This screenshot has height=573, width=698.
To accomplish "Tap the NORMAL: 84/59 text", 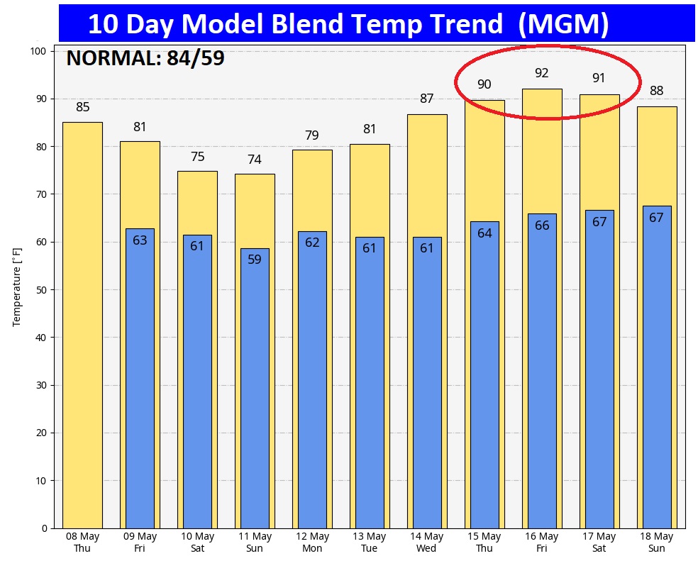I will (x=145, y=58).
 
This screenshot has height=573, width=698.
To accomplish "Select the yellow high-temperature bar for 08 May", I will (x=82, y=325).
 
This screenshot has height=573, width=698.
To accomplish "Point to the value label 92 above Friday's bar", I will (x=542, y=73).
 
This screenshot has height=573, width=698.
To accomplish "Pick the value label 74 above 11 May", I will (x=255, y=160).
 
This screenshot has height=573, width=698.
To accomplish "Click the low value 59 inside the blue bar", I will (x=255, y=260).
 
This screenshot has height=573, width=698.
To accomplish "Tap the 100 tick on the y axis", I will (x=38, y=51).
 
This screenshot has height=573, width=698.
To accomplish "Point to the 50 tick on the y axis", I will (x=40, y=290).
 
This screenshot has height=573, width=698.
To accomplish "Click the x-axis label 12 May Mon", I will (x=312, y=543).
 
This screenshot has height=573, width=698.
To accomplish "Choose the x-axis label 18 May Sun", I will (x=657, y=543).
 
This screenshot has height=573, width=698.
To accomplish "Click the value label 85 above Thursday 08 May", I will (x=83, y=107).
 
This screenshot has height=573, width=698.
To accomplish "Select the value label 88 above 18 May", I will (x=657, y=91).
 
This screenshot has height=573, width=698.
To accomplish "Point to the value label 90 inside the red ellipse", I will (x=484, y=84).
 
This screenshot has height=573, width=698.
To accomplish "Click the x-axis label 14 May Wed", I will (x=427, y=543).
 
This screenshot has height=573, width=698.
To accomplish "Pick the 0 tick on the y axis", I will (x=43, y=528).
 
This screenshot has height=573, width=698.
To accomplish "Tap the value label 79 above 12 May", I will (x=312, y=135).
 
